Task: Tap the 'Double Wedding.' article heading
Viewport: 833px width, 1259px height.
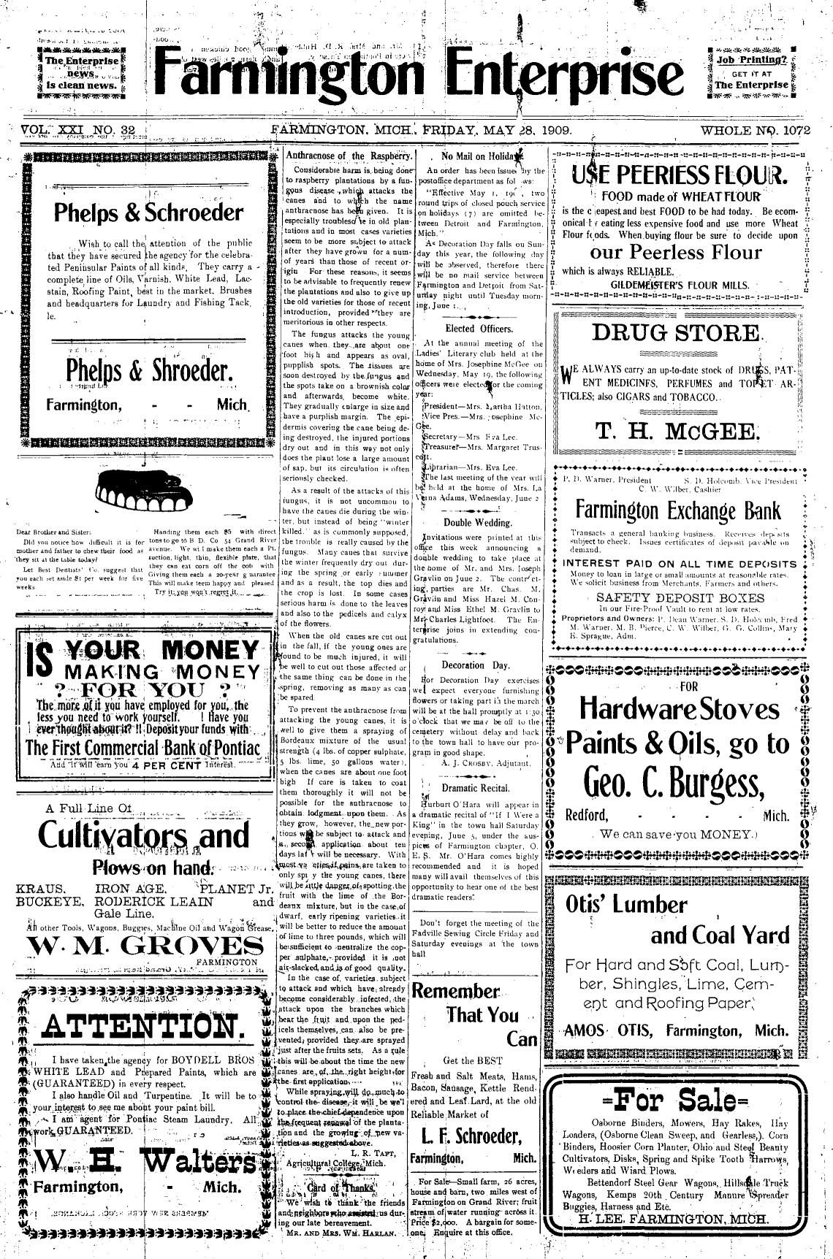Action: (477, 523)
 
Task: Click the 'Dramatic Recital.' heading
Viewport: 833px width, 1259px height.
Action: (476, 788)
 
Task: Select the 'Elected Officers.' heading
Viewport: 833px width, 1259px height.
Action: (476, 329)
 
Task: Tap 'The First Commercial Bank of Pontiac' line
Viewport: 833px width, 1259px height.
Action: (142, 749)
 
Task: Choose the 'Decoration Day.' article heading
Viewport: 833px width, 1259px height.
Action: (476, 665)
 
